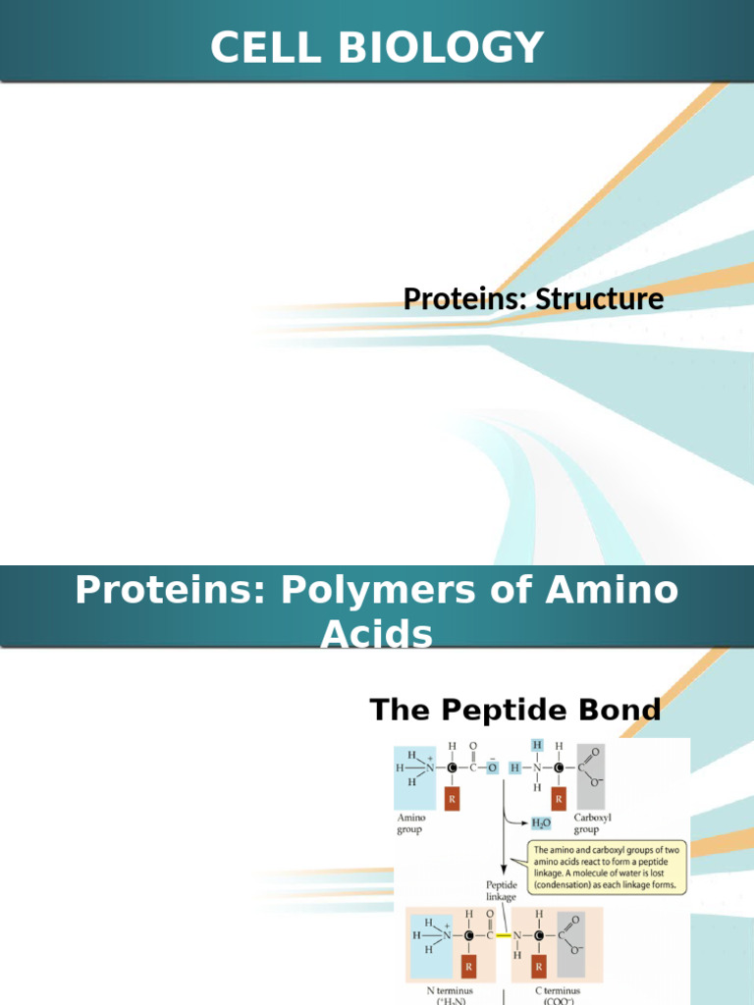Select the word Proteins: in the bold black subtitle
pos(465,298)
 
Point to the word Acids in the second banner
pos(376,635)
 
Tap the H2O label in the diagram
pos(540,824)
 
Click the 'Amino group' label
pos(410,822)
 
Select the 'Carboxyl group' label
pos(593,822)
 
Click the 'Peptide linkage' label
pos(502,890)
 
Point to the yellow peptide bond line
pos(507,935)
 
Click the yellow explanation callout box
pos(609,867)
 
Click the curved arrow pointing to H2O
pos(515,820)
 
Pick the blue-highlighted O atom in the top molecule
pos(493,768)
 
